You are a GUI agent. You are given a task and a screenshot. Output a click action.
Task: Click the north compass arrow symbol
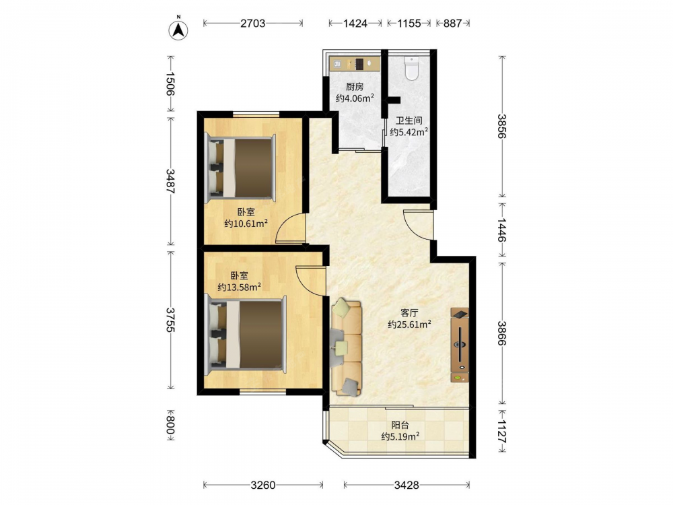178,30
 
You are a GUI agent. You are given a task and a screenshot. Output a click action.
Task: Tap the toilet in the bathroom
412,69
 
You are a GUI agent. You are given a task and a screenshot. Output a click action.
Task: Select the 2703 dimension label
252,23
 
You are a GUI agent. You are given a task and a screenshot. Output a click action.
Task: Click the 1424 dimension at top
355,23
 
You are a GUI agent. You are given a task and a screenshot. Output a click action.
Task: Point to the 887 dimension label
452,23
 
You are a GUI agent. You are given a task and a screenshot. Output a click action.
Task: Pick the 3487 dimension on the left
171,181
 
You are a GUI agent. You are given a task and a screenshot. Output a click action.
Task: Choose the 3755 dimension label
171,320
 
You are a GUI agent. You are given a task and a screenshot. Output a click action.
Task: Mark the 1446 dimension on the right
502,230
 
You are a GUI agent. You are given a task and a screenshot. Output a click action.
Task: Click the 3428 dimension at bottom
406,485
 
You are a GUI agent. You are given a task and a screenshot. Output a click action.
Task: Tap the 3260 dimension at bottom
262,485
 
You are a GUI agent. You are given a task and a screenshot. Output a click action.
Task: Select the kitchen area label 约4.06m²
355,98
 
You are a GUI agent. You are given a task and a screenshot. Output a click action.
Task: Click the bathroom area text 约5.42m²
409,132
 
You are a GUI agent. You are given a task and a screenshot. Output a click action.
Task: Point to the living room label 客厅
409,313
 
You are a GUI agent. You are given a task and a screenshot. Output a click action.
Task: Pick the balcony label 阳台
400,425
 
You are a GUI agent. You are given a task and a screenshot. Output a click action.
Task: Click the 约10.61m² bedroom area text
246,224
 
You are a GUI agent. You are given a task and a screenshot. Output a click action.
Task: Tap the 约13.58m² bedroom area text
239,287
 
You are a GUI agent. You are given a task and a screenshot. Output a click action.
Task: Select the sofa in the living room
346,347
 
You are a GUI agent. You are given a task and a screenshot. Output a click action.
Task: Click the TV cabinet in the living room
460,345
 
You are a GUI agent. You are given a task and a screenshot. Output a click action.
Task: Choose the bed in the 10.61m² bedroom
241,168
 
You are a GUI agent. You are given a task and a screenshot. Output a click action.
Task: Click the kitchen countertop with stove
355,63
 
